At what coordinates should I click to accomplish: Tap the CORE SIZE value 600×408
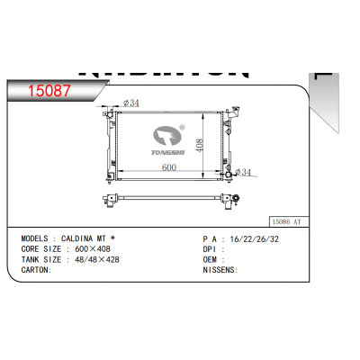(x=93, y=248)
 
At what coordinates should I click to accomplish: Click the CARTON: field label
(x=36, y=268)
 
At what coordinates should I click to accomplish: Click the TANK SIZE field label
(x=40, y=258)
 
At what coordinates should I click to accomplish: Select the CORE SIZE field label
(x=40, y=248)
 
